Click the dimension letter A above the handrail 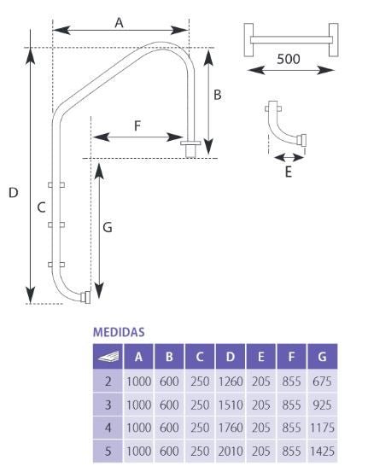120,23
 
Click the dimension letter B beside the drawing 218,96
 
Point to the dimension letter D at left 13,194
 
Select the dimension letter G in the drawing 108,228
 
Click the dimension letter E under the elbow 289,172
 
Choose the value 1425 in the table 322,448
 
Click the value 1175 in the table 322,425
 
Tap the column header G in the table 322,356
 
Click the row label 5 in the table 108,448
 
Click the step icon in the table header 108,357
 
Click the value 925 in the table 322,402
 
